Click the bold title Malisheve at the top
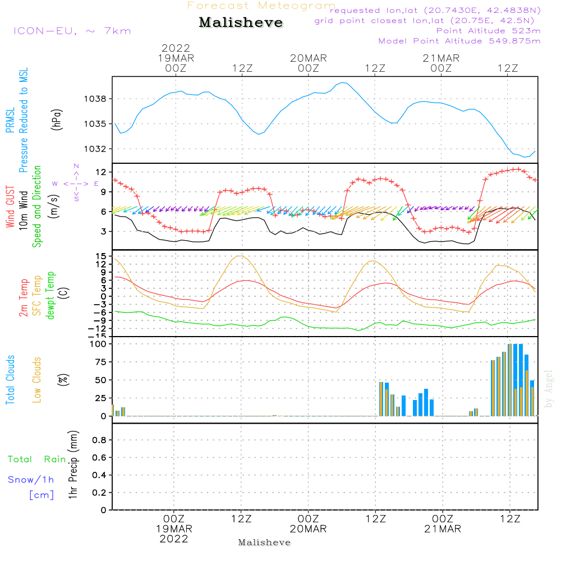241,22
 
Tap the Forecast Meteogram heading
261,6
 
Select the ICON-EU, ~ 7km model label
72,31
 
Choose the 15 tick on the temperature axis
100,256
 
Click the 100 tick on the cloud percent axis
98,343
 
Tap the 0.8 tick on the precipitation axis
99,440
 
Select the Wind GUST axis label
10,208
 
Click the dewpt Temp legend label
50,296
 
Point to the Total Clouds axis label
10,379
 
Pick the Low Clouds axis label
37,379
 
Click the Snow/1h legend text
31,480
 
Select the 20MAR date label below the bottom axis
308,529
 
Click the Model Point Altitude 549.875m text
459,41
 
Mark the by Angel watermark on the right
549,388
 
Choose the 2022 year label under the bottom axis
174,539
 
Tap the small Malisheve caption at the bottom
264,542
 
